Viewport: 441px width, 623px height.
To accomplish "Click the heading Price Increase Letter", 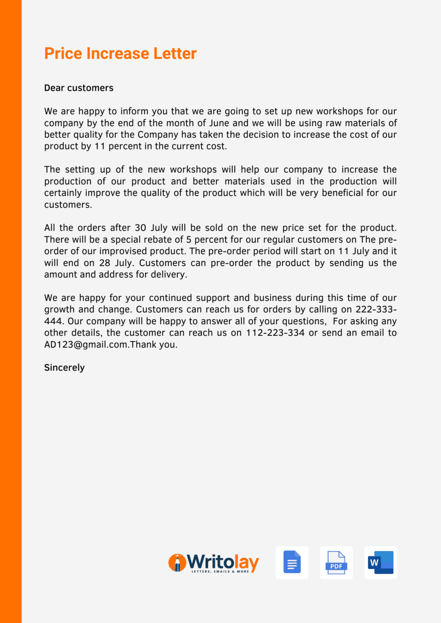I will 120,54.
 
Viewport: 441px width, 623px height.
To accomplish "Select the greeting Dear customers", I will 78,88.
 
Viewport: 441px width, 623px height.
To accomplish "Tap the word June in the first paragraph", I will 230,123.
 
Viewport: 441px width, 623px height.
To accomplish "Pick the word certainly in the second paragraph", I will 64,193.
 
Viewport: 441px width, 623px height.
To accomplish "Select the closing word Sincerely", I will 64,368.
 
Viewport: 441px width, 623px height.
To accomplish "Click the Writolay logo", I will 213,563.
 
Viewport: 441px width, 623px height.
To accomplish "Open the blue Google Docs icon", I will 292,563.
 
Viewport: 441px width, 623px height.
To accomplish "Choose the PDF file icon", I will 336,563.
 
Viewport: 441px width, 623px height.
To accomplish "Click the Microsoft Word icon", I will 381,563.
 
